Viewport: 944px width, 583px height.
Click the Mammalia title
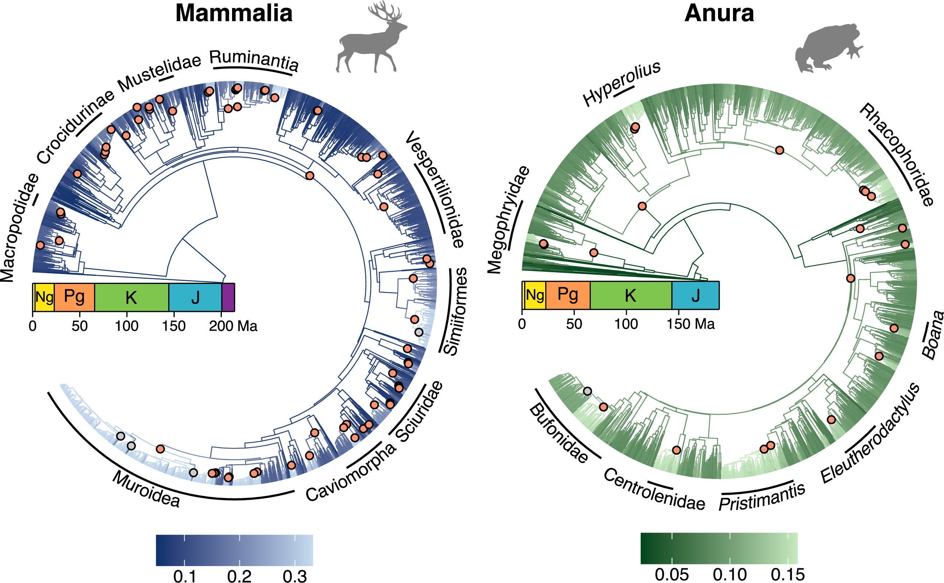point(234,13)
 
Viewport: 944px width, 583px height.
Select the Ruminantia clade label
point(254,60)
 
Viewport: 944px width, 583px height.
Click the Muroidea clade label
point(146,490)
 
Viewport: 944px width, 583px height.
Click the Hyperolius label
point(621,83)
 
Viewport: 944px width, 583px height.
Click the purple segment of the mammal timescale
point(228,297)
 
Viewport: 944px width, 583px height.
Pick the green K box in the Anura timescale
point(631,296)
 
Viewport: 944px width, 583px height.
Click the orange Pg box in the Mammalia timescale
point(74,297)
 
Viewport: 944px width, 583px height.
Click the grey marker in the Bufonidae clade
point(587,391)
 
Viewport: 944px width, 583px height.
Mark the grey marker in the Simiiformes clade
point(419,332)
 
